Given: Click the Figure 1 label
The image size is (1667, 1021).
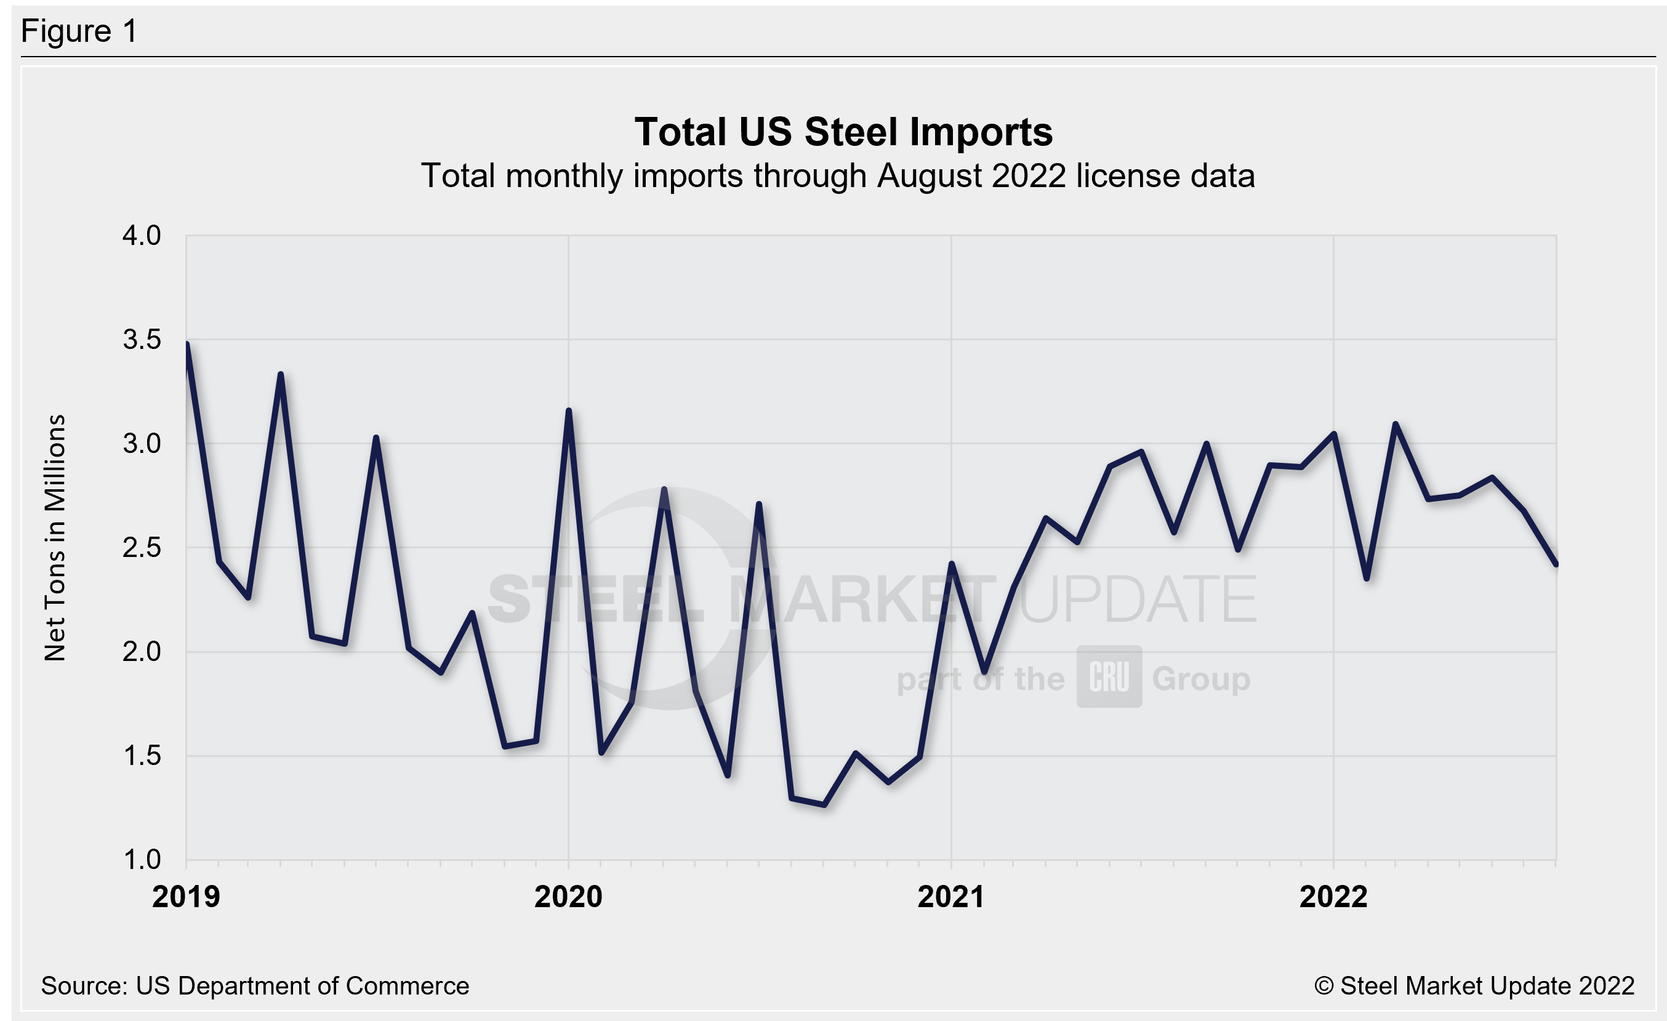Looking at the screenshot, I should coord(79,31).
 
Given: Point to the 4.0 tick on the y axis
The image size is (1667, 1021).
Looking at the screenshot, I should coord(142,236).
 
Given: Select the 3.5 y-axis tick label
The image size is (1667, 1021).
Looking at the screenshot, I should coord(142,340).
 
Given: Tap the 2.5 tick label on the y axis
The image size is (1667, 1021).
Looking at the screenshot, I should coord(142,548).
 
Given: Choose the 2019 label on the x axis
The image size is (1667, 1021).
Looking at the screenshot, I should coord(186,897).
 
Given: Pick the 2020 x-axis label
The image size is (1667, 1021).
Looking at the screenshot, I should coord(568,897).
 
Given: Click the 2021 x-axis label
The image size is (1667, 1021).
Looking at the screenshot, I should coord(950,897).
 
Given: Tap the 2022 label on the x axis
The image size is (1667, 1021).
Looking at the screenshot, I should coord(1333,897).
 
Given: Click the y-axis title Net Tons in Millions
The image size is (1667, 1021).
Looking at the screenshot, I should coord(55,537).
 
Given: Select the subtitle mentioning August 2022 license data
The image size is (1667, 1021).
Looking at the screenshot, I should coord(838,176).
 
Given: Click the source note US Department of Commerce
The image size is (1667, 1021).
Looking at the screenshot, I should coord(255,986).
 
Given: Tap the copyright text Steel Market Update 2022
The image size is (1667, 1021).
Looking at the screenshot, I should coord(1474,986).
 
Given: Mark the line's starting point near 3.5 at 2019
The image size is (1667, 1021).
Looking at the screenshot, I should coord(187,344).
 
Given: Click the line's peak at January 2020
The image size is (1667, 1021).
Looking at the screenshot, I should coord(568,410).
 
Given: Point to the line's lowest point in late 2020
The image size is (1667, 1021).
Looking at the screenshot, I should coord(824,804).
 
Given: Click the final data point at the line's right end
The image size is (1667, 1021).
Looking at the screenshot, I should coord(1556,563).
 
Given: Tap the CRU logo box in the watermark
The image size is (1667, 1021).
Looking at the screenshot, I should coord(1109,677).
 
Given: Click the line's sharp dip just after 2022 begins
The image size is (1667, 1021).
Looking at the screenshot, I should coord(1367,579).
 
